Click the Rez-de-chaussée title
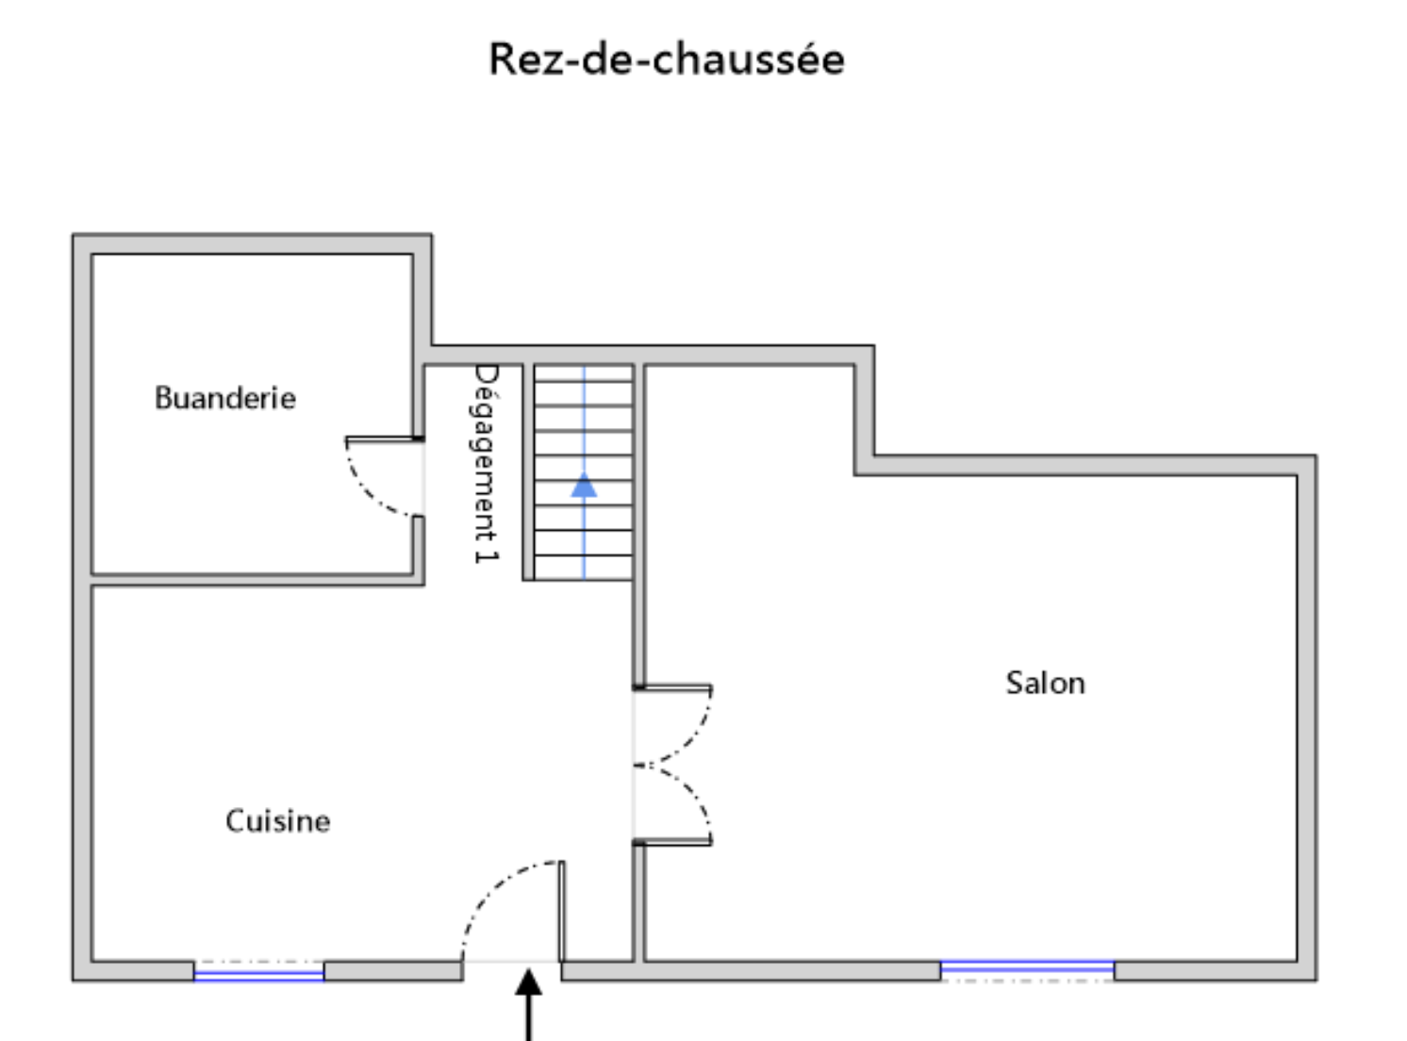pyautogui.click(x=666, y=58)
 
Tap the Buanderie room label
pyautogui.click(x=224, y=397)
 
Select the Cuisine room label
pyautogui.click(x=277, y=820)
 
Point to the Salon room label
pyautogui.click(x=1045, y=682)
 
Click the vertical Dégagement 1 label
pyautogui.click(x=485, y=463)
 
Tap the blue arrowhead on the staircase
pyautogui.click(x=584, y=485)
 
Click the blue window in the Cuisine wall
pyautogui.click(x=258, y=972)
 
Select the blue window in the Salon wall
pyautogui.click(x=1027, y=968)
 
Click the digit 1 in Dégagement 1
pyautogui.click(x=485, y=554)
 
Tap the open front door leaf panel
pyautogui.click(x=562, y=910)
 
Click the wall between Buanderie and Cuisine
pyautogui.click(x=255, y=579)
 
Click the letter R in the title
pyautogui.click(x=501, y=59)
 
